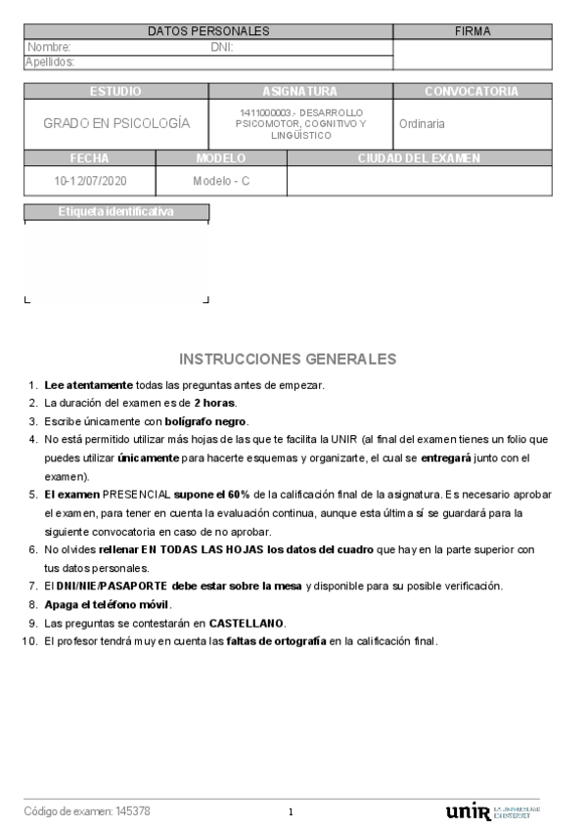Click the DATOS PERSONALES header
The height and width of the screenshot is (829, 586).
pyautogui.click(x=208, y=31)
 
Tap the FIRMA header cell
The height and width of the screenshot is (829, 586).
pyautogui.click(x=473, y=31)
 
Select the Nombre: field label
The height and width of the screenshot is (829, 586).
pyautogui.click(x=49, y=47)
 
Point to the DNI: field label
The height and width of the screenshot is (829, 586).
pyautogui.click(x=222, y=47)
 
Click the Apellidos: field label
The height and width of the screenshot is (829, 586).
pyautogui.click(x=50, y=62)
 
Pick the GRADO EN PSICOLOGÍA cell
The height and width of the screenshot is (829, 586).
pyautogui.click(x=116, y=124)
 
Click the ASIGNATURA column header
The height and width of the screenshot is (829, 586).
pyautogui.click(x=300, y=91)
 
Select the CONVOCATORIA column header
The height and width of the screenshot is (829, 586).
pyautogui.click(x=472, y=91)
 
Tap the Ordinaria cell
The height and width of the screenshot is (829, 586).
pyautogui.click(x=422, y=124)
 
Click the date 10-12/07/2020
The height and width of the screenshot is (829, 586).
pyautogui.click(x=90, y=181)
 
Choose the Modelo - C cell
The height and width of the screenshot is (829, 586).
pyautogui.click(x=221, y=181)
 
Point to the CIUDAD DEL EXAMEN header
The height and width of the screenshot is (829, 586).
pyautogui.click(x=419, y=157)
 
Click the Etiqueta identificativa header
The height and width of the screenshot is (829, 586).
pyautogui.click(x=115, y=211)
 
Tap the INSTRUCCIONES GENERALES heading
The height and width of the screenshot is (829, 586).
pyautogui.click(x=289, y=359)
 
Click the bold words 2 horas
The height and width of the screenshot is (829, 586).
pyautogui.click(x=214, y=403)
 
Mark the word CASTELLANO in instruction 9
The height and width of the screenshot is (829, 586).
pyautogui.click(x=247, y=623)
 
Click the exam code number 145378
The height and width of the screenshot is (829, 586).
pyautogui.click(x=133, y=811)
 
